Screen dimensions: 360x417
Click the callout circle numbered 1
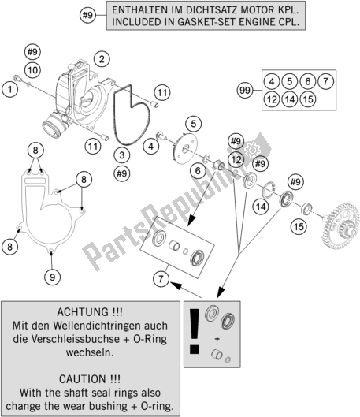tap(9, 89)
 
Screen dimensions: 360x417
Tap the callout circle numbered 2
tap(102, 59)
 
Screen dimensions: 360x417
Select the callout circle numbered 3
tap(122, 155)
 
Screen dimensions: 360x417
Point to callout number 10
tap(32, 70)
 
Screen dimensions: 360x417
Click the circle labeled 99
tap(245, 90)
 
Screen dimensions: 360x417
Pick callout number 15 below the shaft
tap(299, 227)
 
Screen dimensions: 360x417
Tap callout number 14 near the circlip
tap(261, 207)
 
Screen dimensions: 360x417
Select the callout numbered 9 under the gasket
tap(52, 277)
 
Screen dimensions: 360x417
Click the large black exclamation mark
tap(195, 331)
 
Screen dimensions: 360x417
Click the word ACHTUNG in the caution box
tap(82, 311)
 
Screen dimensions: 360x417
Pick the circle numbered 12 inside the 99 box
tap(272, 99)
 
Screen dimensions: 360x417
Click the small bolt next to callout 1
tap(17, 78)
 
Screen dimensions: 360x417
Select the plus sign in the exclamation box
tap(217, 339)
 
